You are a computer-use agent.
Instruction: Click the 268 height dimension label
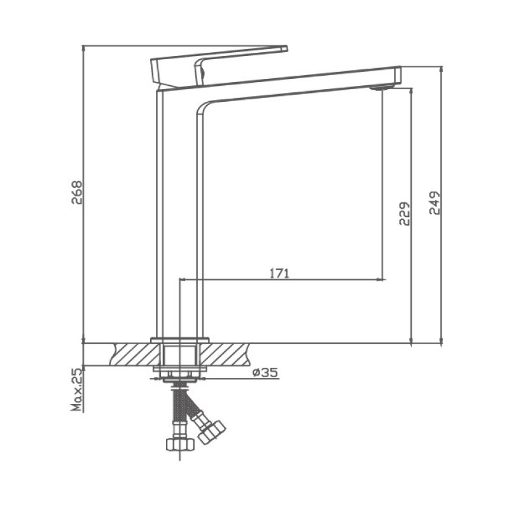(x=77, y=193)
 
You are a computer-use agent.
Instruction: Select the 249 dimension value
(x=436, y=203)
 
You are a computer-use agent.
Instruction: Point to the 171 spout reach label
(x=279, y=274)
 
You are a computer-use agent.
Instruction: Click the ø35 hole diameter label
(x=264, y=373)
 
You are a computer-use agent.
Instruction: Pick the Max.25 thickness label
(x=77, y=389)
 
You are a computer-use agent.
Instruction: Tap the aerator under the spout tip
(x=379, y=88)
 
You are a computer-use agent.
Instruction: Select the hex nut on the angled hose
(x=211, y=430)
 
